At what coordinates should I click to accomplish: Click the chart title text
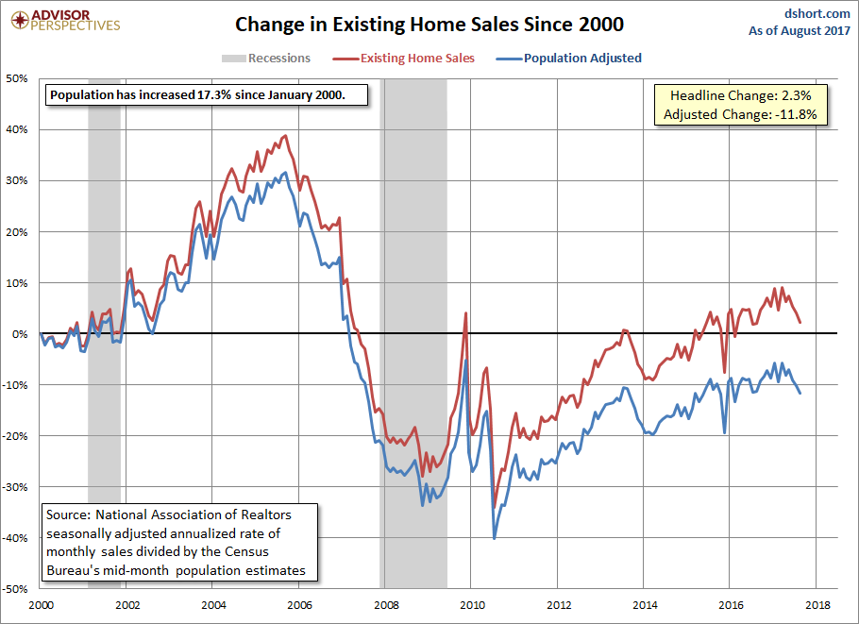click(x=429, y=23)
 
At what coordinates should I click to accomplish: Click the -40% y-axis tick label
click(x=16, y=537)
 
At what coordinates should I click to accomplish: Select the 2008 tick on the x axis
click(x=385, y=604)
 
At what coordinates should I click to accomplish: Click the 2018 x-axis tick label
click(x=817, y=604)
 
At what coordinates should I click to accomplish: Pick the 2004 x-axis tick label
click(x=212, y=604)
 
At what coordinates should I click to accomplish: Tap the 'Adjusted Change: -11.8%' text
click(x=745, y=114)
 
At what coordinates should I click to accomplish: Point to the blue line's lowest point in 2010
click(x=494, y=538)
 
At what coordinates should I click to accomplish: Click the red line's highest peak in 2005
click(x=286, y=135)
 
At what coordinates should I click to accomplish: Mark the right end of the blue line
click(x=800, y=393)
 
